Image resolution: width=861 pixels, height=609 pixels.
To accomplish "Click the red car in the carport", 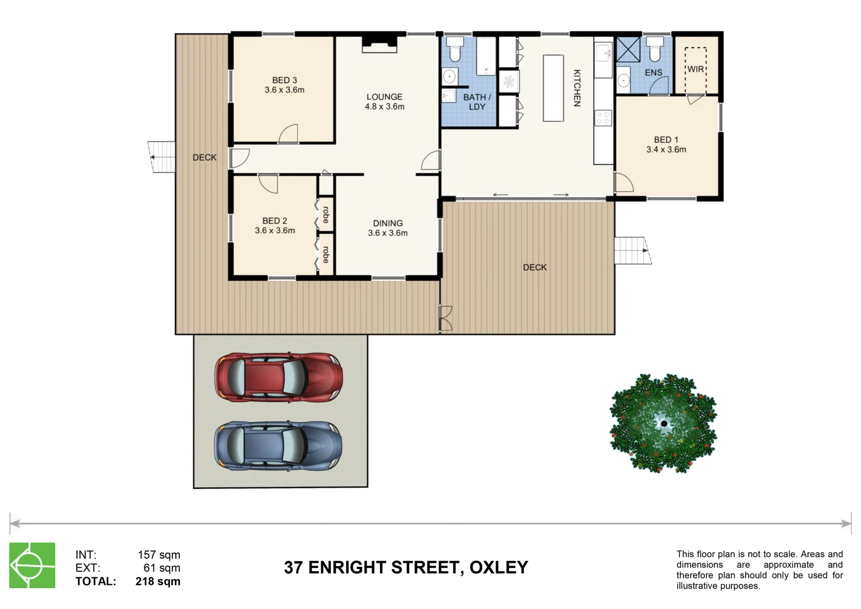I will click(279, 377).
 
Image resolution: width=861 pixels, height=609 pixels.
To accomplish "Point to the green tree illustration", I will click(663, 423).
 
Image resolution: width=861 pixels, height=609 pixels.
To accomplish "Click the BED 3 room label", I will click(284, 85).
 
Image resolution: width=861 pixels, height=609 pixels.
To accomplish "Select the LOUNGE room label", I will click(385, 101).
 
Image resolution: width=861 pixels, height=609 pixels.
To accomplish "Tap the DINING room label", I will click(388, 228).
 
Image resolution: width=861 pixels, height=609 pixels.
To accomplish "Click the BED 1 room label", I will click(666, 144).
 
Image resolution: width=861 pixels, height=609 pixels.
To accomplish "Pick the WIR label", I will click(695, 69).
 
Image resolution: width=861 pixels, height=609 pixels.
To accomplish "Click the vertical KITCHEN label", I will click(577, 88).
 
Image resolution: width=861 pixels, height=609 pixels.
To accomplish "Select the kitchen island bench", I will click(553, 88).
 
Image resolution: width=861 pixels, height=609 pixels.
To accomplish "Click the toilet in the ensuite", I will click(655, 49).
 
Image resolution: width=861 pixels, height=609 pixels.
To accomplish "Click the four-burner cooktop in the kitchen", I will click(603, 118).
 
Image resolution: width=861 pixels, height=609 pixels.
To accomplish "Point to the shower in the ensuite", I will click(628, 50).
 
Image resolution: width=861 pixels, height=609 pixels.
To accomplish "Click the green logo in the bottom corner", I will click(32, 566).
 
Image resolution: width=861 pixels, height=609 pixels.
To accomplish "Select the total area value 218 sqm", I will click(158, 581).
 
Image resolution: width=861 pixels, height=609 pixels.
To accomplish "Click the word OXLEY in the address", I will click(498, 567).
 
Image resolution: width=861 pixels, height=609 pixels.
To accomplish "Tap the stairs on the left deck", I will click(162, 157).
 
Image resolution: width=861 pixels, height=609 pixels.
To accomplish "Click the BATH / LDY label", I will click(477, 102).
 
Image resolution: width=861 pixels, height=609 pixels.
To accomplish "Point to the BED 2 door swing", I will click(268, 183).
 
